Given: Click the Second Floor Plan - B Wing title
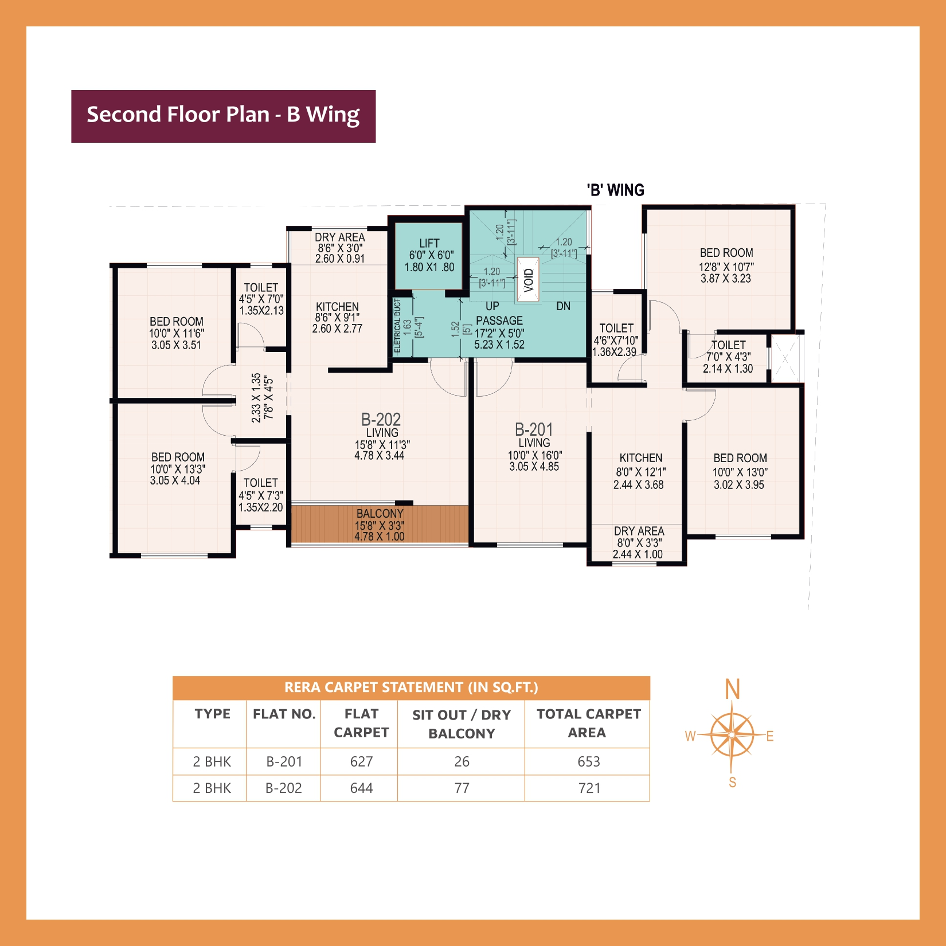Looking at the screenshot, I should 223,115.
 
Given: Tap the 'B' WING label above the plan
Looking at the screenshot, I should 615,190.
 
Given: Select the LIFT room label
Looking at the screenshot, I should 429,244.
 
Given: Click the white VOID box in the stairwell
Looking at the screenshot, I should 528,280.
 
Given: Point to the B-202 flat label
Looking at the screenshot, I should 381,420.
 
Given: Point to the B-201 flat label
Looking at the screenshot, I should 534,430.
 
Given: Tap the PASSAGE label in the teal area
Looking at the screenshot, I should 499,320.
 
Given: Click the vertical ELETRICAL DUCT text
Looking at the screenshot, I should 397,326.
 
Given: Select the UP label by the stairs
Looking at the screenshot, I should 492,306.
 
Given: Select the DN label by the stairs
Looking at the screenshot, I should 563,306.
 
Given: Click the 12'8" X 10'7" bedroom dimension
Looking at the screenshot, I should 726,267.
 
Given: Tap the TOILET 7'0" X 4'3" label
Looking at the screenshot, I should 728,356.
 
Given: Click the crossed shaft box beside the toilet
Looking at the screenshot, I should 785,358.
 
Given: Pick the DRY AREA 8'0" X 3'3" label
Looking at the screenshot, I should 638,542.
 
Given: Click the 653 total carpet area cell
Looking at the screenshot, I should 588,761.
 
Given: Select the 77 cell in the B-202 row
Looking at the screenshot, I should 462,788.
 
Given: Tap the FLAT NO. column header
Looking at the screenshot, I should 284,714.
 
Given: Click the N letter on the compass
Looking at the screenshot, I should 732,689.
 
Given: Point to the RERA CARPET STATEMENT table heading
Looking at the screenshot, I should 411,687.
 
